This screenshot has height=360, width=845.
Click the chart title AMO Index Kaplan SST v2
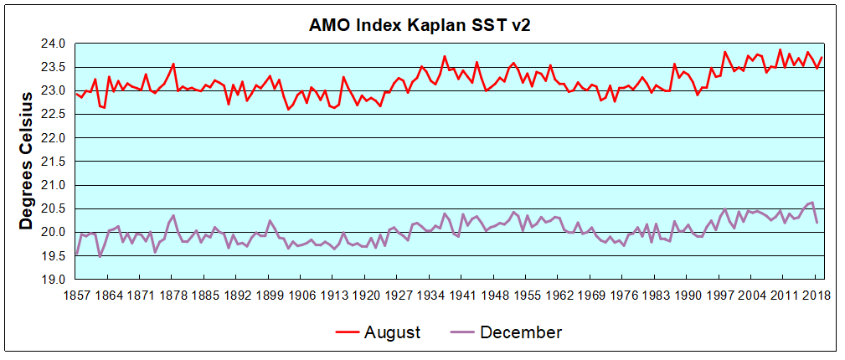click(x=420, y=25)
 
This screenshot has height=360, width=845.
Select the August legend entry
click(x=392, y=332)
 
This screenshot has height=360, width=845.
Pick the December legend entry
click(x=520, y=332)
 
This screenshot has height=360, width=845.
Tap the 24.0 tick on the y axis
click(x=54, y=44)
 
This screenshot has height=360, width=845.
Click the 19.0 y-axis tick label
click(x=54, y=279)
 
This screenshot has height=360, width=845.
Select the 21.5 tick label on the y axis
click(x=54, y=161)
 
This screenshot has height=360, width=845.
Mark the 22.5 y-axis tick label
click(x=54, y=114)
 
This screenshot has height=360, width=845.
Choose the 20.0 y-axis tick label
click(x=54, y=232)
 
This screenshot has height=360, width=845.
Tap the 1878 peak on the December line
click(x=173, y=215)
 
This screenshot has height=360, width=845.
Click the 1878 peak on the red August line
click(x=173, y=64)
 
